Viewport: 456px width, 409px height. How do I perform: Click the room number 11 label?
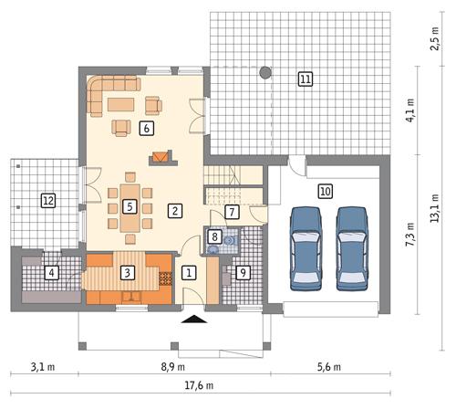(x=305, y=79)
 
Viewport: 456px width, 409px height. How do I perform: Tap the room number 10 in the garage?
(x=325, y=191)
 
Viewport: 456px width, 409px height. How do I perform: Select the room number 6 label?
(x=146, y=129)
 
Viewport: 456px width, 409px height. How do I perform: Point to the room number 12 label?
(x=48, y=200)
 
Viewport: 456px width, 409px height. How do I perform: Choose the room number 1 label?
(x=189, y=271)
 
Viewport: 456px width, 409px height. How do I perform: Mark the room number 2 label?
(x=173, y=209)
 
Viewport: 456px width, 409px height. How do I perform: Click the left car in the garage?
(x=306, y=248)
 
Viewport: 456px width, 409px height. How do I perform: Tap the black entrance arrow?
(x=193, y=320)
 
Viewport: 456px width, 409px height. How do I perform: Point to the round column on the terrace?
(x=265, y=71)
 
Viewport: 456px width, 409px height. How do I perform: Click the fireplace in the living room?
(x=161, y=158)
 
